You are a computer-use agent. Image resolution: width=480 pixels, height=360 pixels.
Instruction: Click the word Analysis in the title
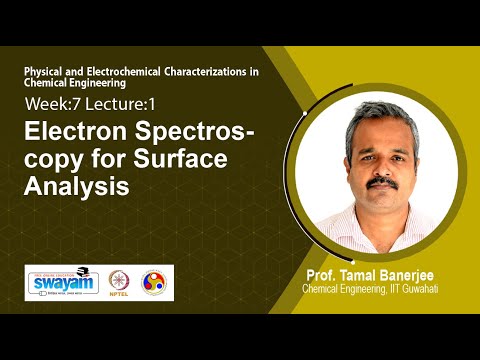pos(77,185)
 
